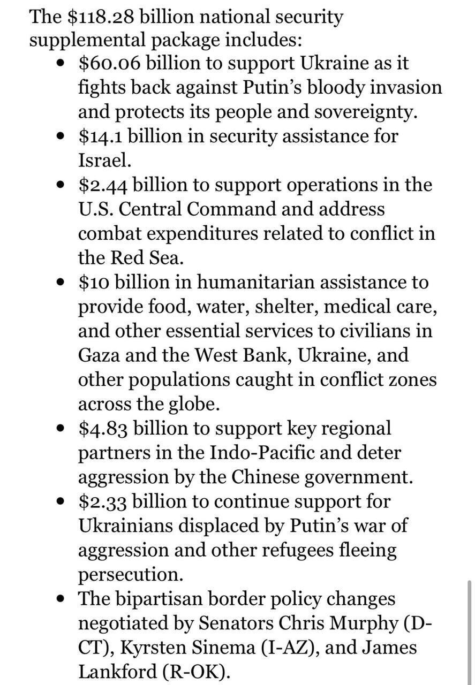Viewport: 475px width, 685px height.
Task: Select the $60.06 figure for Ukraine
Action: tap(109, 63)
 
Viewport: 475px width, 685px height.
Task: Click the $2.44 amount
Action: tap(103, 185)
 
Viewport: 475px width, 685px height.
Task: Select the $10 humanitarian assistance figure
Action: tap(94, 282)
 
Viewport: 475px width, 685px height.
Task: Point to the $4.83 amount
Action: tap(103, 428)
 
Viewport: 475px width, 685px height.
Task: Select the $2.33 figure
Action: tap(103, 501)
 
